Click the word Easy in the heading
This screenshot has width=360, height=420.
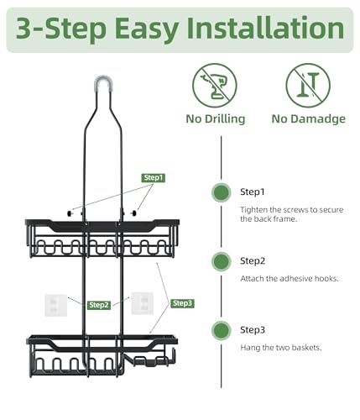pyautogui.click(x=147, y=29)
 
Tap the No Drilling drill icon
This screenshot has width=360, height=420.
pyautogui.click(x=215, y=86)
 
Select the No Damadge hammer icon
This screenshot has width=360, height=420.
pyautogui.click(x=308, y=86)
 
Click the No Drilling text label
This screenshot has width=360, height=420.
pyautogui.click(x=216, y=118)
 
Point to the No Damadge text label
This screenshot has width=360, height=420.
pyautogui.click(x=309, y=118)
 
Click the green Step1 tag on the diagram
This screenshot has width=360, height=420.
pyautogui.click(x=154, y=177)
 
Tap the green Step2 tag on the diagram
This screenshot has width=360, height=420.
pyautogui.click(x=99, y=305)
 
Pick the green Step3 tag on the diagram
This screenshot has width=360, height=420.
pyautogui.click(x=182, y=303)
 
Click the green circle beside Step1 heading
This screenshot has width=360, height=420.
pyautogui.click(x=222, y=192)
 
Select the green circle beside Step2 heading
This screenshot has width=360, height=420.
pyautogui.click(x=222, y=261)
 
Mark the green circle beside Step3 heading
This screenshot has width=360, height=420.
pyautogui.click(x=222, y=330)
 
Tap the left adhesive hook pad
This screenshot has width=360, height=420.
pyautogui.click(x=56, y=305)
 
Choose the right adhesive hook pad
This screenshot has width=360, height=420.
pyautogui.click(x=143, y=303)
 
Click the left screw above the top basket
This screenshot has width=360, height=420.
pyautogui.click(x=70, y=213)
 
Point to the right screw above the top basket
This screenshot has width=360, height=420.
pyautogui.click(x=134, y=213)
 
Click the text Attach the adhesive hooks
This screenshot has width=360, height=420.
pyautogui.click(x=290, y=279)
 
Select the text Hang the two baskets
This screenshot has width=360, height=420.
pyautogui.click(x=281, y=348)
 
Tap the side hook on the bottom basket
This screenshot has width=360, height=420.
pyautogui.click(x=173, y=356)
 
